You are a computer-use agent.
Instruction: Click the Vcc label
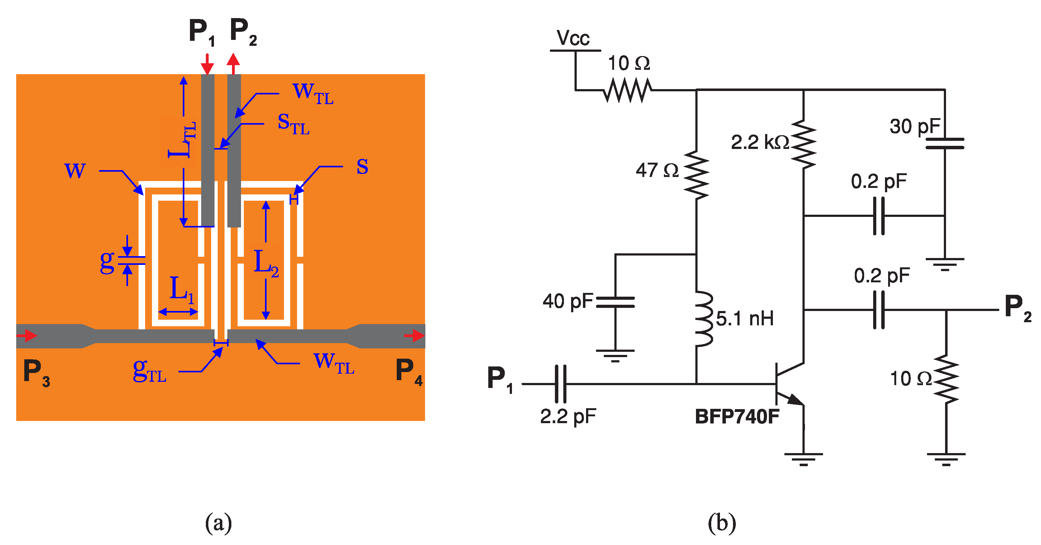[573, 38]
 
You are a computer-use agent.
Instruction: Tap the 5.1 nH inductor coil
[703, 318]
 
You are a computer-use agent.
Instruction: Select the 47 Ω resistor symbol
[696, 175]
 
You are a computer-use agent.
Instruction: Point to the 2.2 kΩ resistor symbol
[803, 144]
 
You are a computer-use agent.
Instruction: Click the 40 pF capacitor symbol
[615, 302]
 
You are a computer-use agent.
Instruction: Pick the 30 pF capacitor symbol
[945, 144]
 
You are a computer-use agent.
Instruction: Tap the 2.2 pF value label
[568, 416]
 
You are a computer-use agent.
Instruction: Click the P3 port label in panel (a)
[36, 372]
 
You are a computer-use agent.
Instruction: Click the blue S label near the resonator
[362, 167]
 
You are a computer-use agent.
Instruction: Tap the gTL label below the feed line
[149, 371]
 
